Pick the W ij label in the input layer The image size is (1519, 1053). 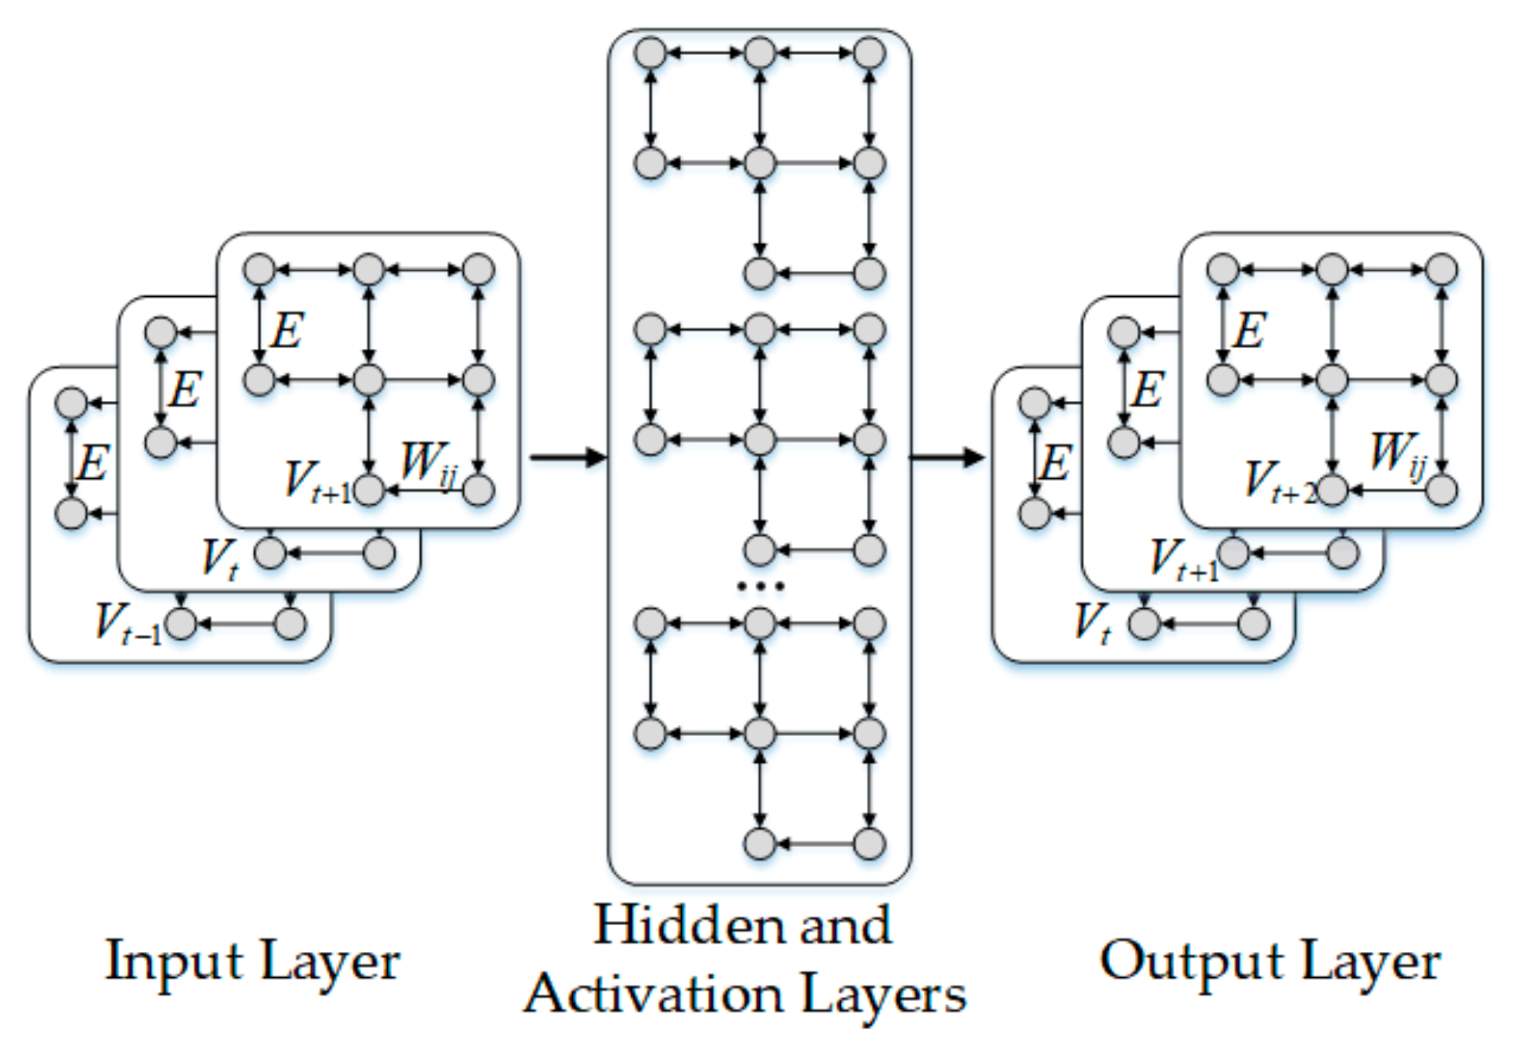point(428,462)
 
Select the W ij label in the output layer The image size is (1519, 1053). point(1398,455)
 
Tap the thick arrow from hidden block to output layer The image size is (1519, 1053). point(946,456)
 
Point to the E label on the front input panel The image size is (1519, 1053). point(287,331)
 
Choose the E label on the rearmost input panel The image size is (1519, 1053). point(92,462)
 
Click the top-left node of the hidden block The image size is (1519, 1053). point(650,53)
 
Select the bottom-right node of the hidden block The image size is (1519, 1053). point(870,843)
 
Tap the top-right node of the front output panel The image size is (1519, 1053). point(1442,269)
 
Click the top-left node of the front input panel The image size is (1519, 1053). point(259,269)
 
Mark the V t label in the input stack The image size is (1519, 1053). point(220,559)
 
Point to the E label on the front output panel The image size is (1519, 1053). point(1250,331)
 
